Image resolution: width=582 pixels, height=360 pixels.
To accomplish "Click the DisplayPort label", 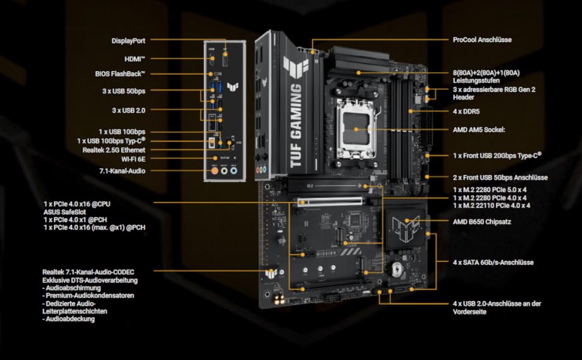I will point(128,41).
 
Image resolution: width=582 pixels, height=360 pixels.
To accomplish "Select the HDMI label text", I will point(135,59).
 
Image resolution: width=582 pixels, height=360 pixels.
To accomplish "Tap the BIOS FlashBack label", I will point(121,74).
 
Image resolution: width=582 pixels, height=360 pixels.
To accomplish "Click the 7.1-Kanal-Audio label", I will point(122,171).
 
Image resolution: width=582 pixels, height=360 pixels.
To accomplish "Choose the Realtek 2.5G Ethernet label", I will point(114,149).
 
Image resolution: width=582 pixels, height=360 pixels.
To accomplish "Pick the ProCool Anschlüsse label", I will point(482,41).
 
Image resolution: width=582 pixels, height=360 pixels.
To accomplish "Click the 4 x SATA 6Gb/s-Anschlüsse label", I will point(493,262).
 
